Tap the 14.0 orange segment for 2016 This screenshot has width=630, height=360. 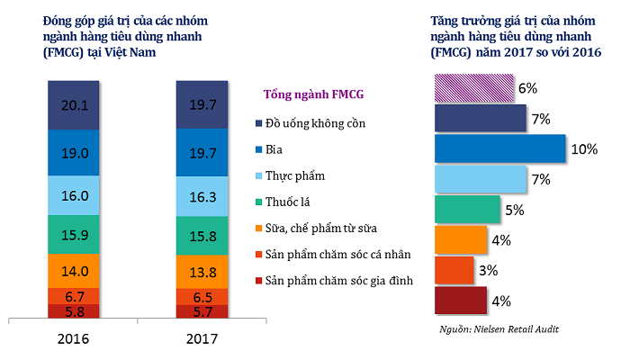[x=74, y=270]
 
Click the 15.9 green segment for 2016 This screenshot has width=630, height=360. [x=74, y=234]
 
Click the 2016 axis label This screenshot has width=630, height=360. [x=74, y=340]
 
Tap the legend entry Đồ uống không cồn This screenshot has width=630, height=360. [x=315, y=122]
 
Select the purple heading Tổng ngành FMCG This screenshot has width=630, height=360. [x=312, y=94]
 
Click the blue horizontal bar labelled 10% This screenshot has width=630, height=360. [x=499, y=148]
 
